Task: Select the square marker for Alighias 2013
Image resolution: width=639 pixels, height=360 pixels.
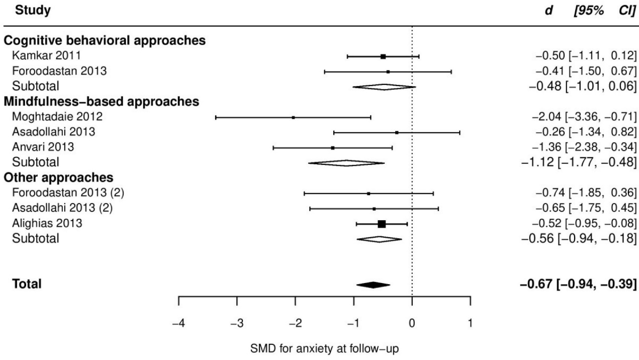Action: click(x=382, y=224)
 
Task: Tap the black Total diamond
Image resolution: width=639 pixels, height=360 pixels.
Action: click(x=373, y=285)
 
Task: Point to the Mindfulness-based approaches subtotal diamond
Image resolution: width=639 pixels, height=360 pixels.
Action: click(x=346, y=163)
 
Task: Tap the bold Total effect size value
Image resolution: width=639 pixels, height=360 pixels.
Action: click(x=578, y=285)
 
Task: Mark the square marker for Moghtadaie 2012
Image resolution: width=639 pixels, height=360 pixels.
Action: click(x=293, y=117)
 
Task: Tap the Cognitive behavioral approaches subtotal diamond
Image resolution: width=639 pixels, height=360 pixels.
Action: click(x=384, y=87)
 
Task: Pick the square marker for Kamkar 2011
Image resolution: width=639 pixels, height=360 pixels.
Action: click(x=383, y=56)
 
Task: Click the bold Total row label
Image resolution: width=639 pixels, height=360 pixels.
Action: click(x=28, y=285)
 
